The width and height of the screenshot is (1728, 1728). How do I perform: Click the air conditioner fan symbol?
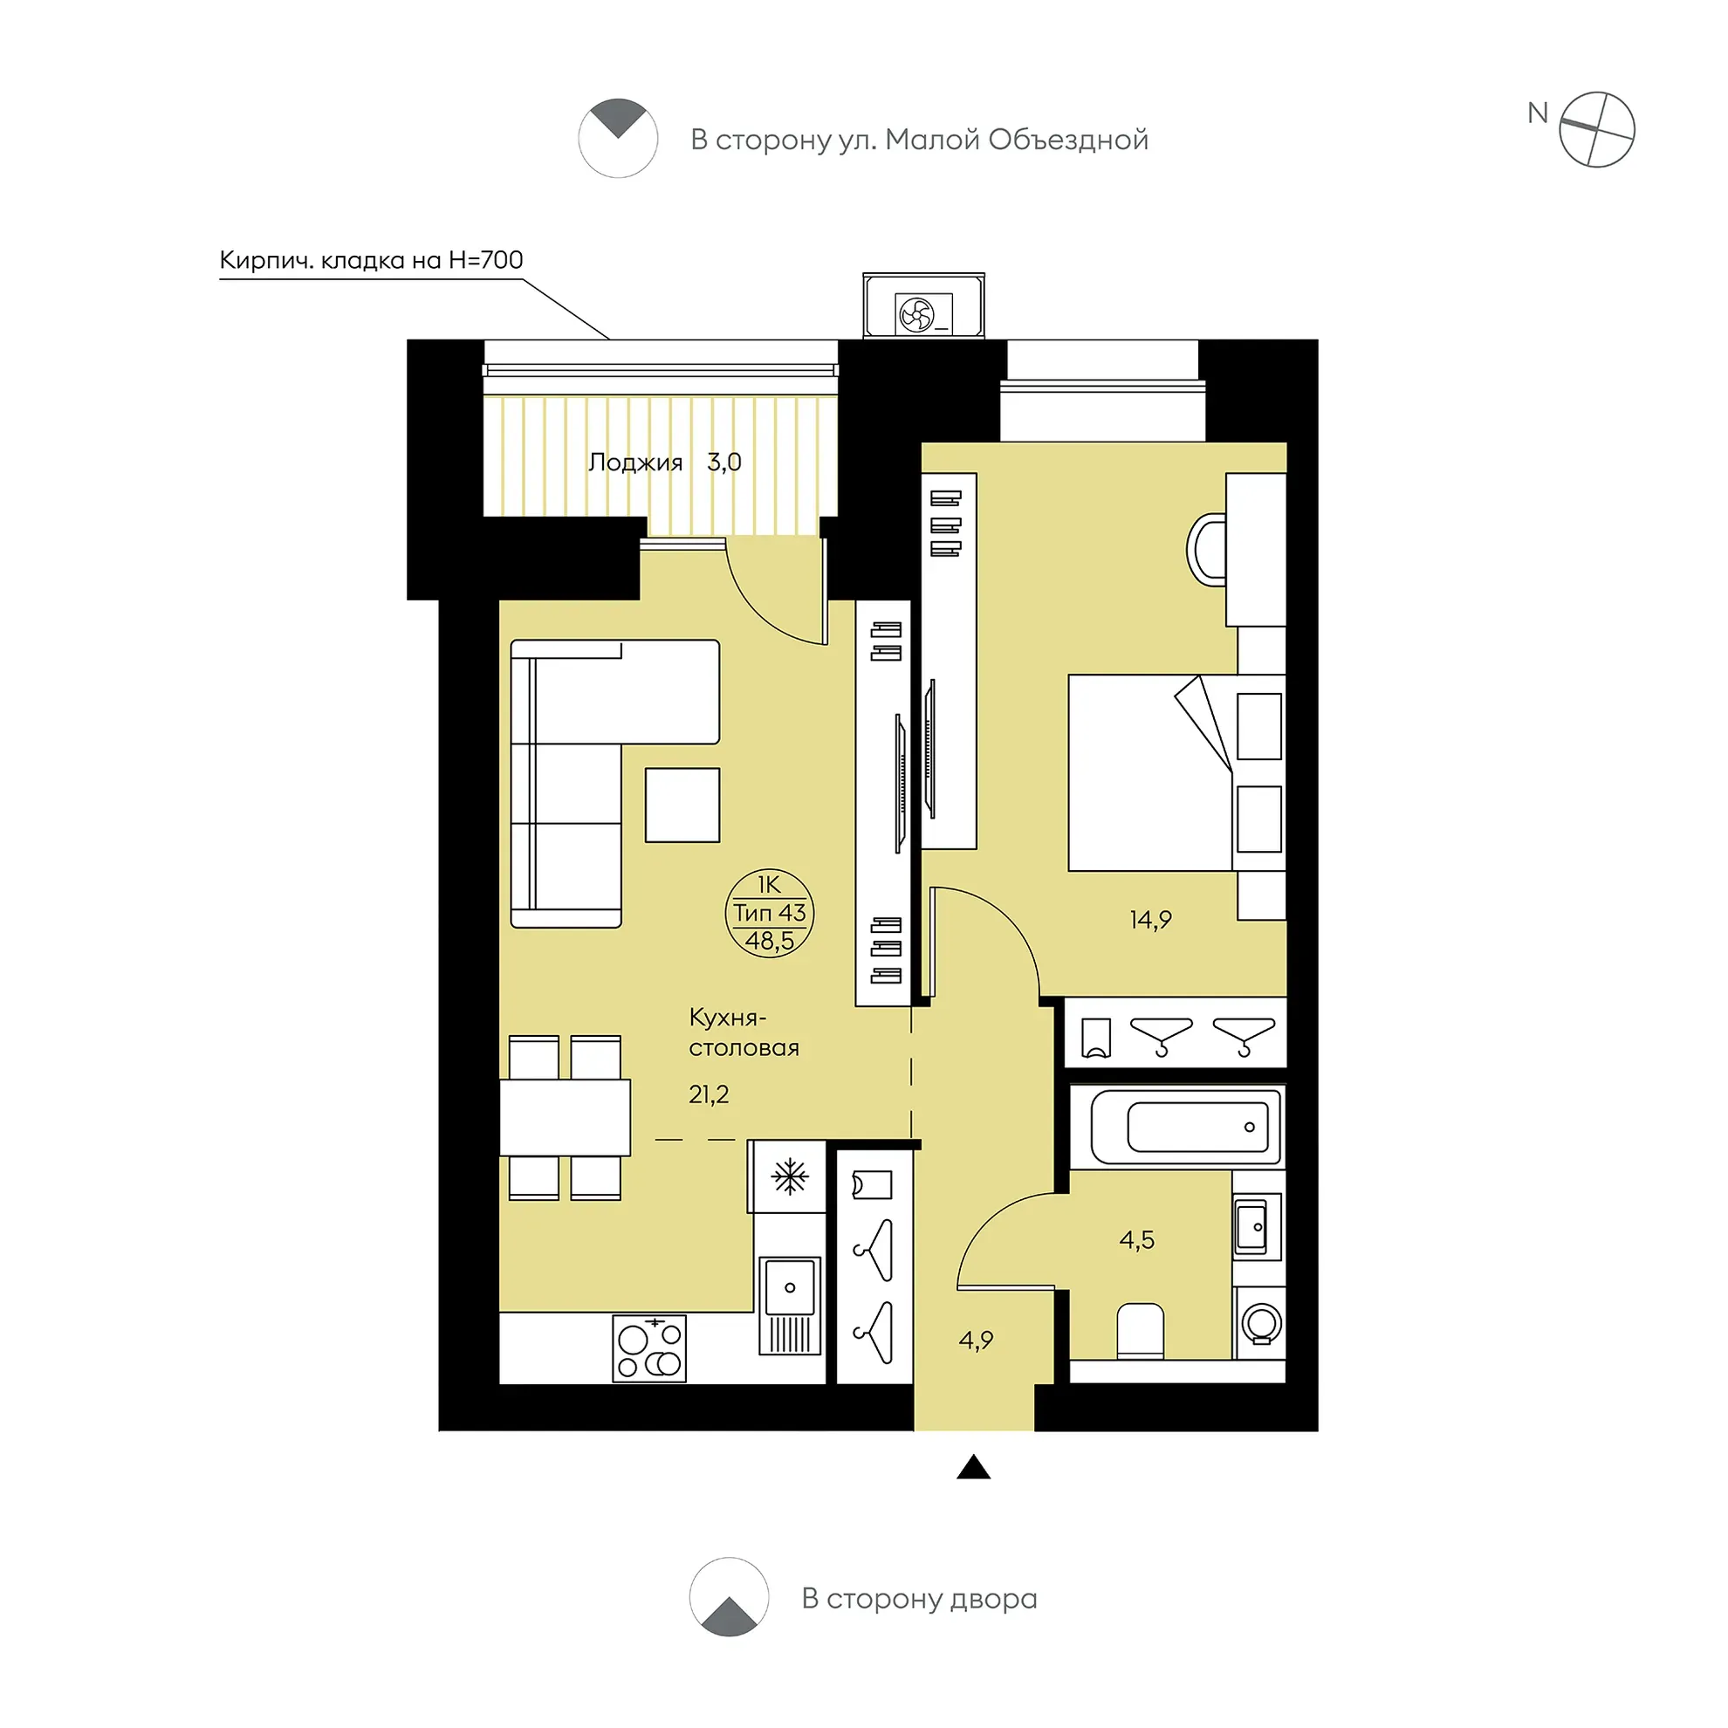tap(916, 315)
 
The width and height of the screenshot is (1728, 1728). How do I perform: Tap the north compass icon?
tap(1595, 130)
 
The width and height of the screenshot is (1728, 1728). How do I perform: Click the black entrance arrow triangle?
tap(973, 1467)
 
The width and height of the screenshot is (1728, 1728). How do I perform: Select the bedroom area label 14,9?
tap(1150, 920)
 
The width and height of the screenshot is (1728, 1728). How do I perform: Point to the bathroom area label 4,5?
tap(1137, 1239)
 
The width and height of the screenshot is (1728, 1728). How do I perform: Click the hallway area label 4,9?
tap(976, 1340)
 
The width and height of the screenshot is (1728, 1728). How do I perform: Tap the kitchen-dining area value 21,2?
tap(709, 1094)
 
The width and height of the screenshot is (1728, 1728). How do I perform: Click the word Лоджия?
tap(635, 463)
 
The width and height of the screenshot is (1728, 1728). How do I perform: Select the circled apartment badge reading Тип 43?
tap(769, 913)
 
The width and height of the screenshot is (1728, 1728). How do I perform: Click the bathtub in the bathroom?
tap(1186, 1126)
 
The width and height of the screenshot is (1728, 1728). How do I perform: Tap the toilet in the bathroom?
tap(1141, 1331)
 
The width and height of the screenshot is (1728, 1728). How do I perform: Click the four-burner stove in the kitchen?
tap(650, 1347)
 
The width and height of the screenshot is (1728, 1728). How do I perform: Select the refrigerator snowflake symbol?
tap(790, 1176)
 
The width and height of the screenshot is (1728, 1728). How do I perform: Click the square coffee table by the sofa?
tap(682, 804)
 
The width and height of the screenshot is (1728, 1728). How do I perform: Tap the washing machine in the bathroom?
tap(1260, 1323)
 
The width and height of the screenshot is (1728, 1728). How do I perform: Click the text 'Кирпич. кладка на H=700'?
tap(371, 260)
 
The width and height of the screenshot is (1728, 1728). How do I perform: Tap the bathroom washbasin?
tap(1258, 1226)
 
